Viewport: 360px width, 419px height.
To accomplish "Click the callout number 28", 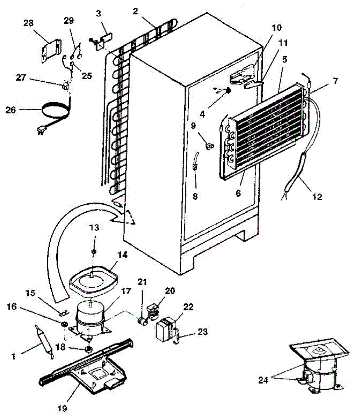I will click(x=29, y=24).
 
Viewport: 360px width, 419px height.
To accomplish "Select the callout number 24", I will click(x=264, y=380).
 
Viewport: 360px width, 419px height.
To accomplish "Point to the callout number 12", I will click(x=317, y=197).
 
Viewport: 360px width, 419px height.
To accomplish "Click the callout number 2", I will click(x=135, y=12).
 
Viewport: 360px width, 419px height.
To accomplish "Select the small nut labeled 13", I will click(x=94, y=251).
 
